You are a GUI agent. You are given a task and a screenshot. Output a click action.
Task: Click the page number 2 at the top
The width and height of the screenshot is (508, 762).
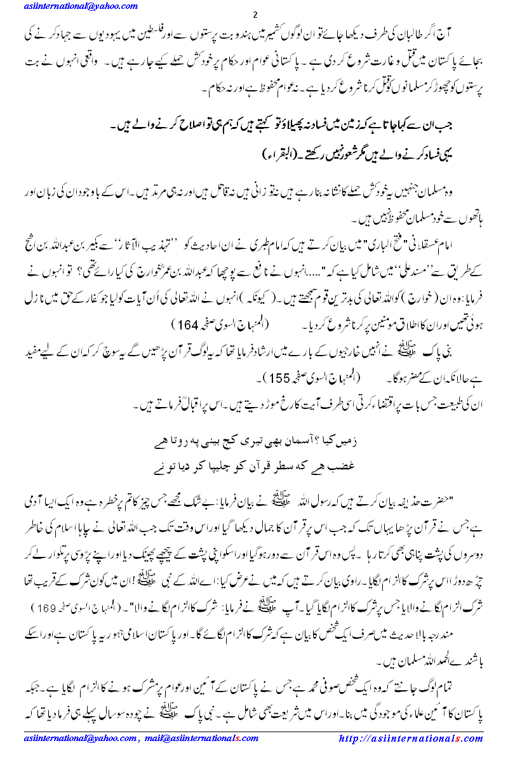(x=255, y=15)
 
